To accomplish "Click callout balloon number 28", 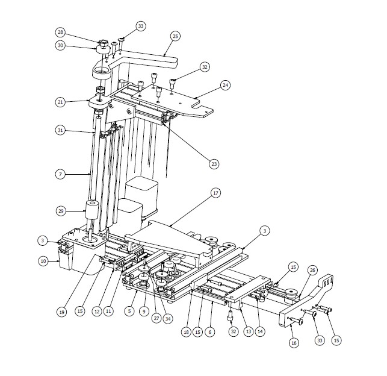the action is point(60,32).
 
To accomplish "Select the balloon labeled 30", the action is point(60,45).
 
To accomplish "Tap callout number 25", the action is point(175,36).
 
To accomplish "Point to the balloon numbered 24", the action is point(225,85).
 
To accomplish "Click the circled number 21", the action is point(60,102).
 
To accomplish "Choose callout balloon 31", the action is point(60,130).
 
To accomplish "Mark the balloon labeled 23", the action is point(214,164).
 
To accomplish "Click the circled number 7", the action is point(60,174).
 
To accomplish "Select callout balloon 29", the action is point(61,211).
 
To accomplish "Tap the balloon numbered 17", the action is point(215,193).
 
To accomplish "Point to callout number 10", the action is point(43,261).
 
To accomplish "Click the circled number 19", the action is point(62,312).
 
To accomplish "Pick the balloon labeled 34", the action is point(168,319).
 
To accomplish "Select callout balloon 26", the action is point(312,270).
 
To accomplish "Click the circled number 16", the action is point(294,343).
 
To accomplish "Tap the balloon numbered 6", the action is point(210,332).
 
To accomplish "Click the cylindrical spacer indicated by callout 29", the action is point(92,210).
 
